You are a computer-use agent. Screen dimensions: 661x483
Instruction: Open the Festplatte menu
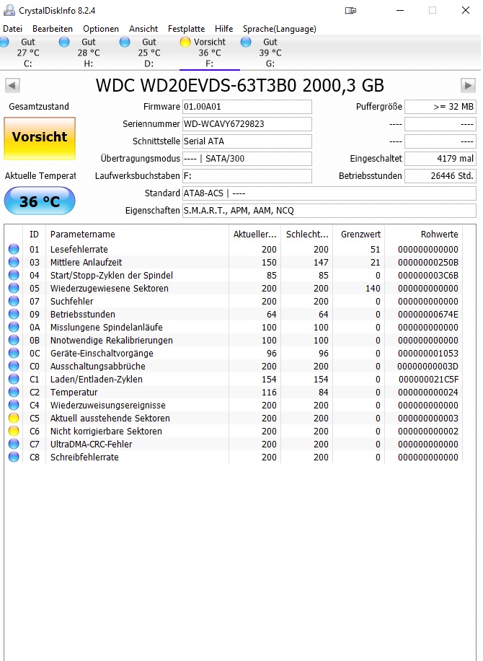click(x=186, y=29)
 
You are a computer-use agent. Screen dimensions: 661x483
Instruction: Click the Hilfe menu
click(x=223, y=29)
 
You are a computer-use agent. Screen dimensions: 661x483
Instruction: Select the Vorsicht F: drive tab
click(x=209, y=53)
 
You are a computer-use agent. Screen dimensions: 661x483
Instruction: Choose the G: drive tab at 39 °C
click(x=270, y=53)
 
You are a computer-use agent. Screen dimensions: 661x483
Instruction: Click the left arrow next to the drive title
click(x=12, y=86)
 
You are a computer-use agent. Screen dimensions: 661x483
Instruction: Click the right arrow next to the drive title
click(x=469, y=86)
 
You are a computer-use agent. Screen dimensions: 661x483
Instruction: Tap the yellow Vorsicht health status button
click(x=40, y=137)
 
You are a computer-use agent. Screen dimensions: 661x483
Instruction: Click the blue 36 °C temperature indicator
click(x=40, y=201)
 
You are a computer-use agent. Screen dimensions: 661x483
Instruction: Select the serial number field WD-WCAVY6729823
click(x=247, y=124)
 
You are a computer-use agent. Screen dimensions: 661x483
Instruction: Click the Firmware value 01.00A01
click(x=247, y=107)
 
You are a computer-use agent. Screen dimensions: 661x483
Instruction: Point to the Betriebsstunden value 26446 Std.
click(x=440, y=176)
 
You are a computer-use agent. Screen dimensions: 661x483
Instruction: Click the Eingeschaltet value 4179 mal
click(x=440, y=159)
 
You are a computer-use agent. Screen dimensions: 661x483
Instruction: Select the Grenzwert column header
click(x=361, y=235)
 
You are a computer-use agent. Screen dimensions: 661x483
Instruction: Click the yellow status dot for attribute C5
click(x=14, y=419)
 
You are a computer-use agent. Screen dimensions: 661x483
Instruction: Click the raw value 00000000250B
click(x=428, y=263)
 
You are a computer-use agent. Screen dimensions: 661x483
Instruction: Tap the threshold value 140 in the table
click(x=372, y=289)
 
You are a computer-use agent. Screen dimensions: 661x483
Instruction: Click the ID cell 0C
click(x=35, y=354)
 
